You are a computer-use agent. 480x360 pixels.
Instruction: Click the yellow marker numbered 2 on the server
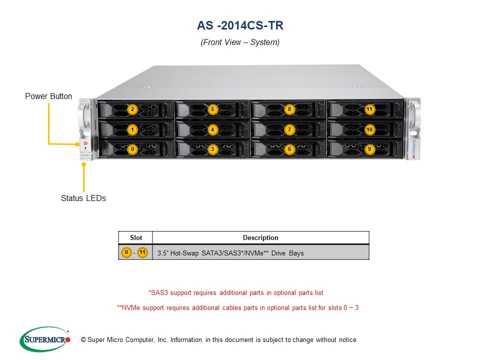132,109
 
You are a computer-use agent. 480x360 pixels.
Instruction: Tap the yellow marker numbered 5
212,109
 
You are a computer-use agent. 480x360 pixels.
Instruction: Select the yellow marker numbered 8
289,109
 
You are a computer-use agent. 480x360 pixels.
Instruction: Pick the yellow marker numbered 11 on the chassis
369,109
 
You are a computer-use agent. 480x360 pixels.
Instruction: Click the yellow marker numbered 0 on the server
132,149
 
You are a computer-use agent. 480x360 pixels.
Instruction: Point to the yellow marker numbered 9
369,149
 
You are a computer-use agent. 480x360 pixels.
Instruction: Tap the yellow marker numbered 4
212,129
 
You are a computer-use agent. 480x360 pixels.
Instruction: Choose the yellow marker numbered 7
289,129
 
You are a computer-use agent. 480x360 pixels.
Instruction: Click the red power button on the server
85,143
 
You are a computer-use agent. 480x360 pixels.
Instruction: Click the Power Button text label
48,96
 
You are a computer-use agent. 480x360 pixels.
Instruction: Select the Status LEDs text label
83,198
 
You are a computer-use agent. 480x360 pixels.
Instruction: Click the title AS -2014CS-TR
240,25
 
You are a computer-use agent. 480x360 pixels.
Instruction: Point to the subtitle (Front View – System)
240,42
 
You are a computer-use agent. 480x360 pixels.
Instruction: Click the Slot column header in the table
135,237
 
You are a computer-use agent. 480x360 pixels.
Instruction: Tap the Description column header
260,237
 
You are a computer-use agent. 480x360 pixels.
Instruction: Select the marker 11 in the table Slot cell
142,252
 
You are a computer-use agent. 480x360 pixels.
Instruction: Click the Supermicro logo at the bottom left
45,339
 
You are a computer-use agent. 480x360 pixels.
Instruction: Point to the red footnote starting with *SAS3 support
239,292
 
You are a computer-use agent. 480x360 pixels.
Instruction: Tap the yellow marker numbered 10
369,129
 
